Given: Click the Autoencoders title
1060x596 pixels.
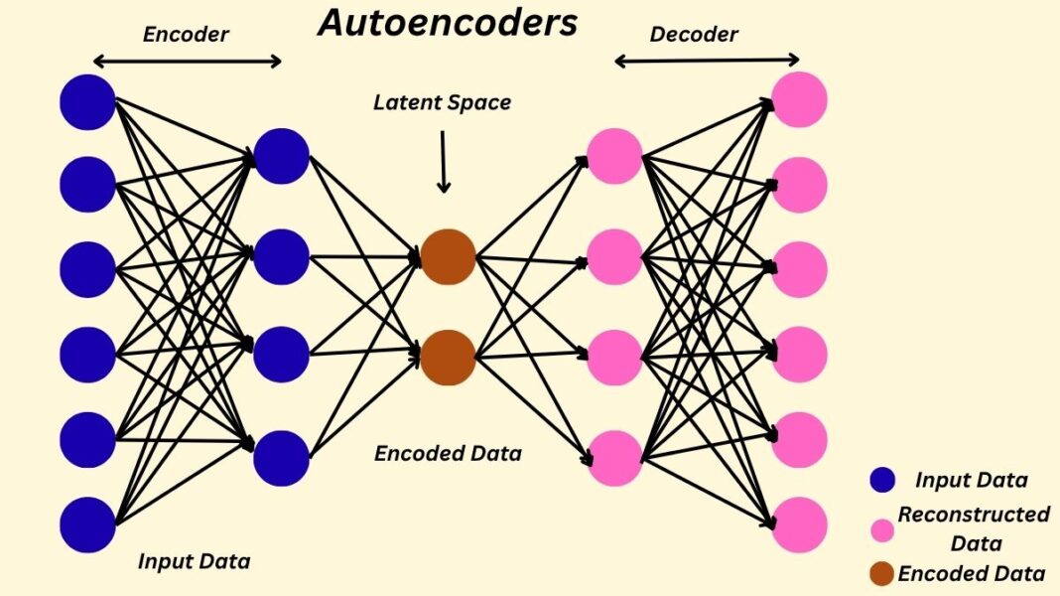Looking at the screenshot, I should coord(447,23).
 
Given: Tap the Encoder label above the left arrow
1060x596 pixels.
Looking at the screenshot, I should coord(186,35).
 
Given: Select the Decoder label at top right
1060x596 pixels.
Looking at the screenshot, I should coord(694,35).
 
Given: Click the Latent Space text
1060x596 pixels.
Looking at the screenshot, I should coord(442,102).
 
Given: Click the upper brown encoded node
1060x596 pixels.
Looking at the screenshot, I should coord(448,256).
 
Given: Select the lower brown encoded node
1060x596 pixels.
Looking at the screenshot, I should coord(448,358).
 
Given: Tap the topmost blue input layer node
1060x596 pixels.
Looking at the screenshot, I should coord(87,101).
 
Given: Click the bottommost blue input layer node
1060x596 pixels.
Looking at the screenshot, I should coord(87,524).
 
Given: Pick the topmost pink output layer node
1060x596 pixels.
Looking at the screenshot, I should coord(799,99).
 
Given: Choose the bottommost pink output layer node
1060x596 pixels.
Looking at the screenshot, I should coord(799,524).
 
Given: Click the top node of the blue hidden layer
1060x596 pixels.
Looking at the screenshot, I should coord(282,156).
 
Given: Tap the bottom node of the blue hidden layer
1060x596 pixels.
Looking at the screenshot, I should coord(282,458).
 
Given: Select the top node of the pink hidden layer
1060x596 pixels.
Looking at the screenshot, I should coord(614,156).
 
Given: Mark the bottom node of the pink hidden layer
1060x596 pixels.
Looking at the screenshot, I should coord(614,458).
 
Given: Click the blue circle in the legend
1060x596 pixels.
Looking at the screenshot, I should coord(881,481).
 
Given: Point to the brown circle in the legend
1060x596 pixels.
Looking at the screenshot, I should coord(881,574).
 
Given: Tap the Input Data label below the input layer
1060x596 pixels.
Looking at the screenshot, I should coord(194,561).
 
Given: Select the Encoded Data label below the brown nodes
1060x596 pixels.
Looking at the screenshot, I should coord(448,454).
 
